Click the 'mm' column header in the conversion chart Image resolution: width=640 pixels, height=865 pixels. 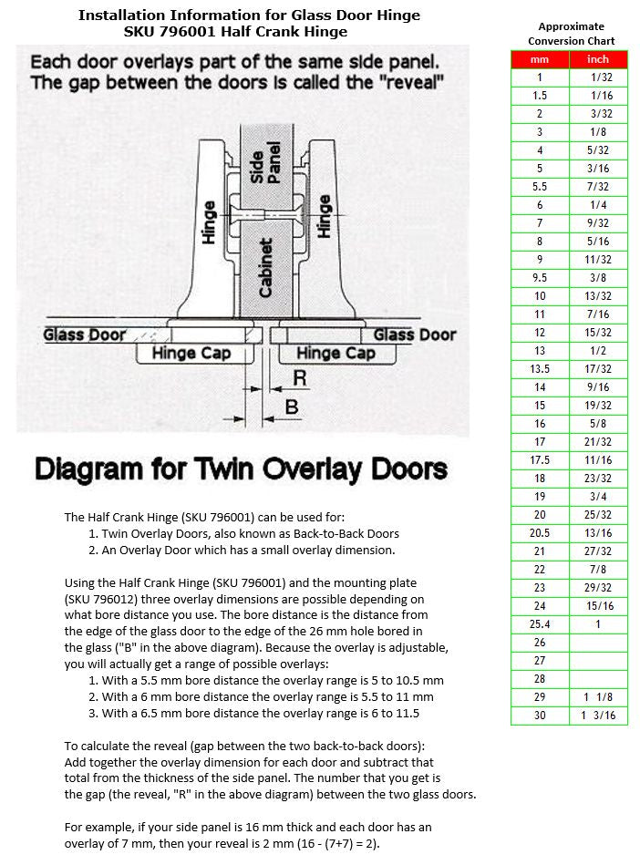pyautogui.click(x=540, y=59)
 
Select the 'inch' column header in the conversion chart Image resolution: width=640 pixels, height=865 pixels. pyautogui.click(x=601, y=59)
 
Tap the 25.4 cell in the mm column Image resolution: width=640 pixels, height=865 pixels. pyautogui.click(x=540, y=624)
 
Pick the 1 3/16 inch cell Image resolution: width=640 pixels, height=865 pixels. pyautogui.click(x=601, y=716)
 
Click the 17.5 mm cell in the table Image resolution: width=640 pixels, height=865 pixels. pyautogui.click(x=540, y=460)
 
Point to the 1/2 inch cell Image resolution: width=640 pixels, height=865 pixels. pyautogui.click(x=601, y=351)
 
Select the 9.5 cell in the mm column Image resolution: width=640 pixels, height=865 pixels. pyautogui.click(x=540, y=278)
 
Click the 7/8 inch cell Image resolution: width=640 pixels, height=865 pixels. pyautogui.click(x=601, y=570)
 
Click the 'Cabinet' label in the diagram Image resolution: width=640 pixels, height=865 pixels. pyautogui.click(x=265, y=267)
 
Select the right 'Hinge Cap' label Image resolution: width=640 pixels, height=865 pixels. pyautogui.click(x=335, y=353)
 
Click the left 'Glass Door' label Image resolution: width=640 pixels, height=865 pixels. pyautogui.click(x=85, y=335)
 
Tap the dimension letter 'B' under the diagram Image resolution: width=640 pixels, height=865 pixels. pyautogui.click(x=292, y=407)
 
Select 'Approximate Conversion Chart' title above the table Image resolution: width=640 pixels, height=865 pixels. pyautogui.click(x=571, y=34)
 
